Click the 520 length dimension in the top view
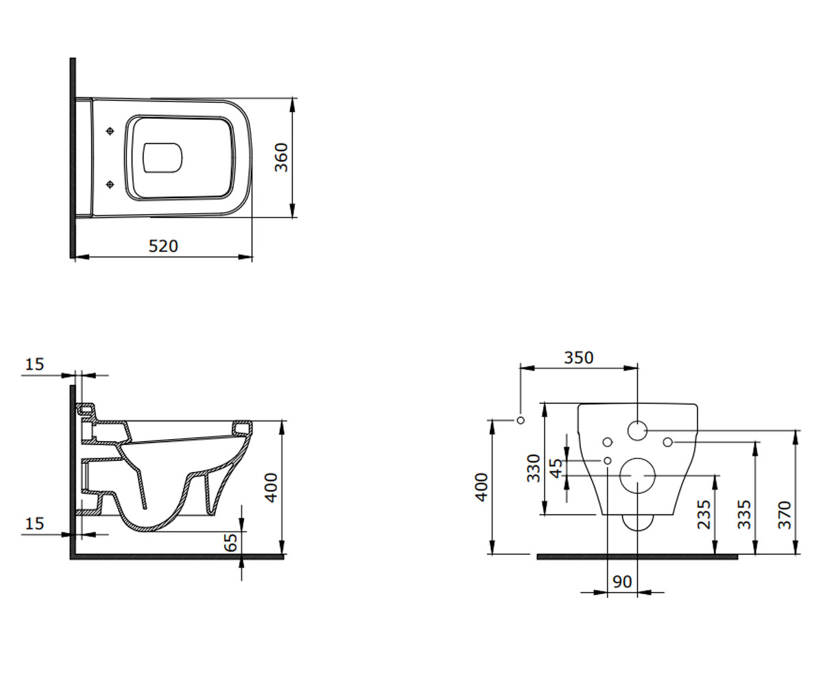click(163, 246)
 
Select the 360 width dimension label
click(281, 157)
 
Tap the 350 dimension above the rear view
click(579, 357)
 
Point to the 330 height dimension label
click(534, 468)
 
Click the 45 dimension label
click(556, 469)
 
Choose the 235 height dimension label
click(704, 514)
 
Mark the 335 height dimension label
click(744, 514)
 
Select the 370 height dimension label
click(785, 514)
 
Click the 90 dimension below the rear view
click(622, 582)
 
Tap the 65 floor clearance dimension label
click(231, 542)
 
